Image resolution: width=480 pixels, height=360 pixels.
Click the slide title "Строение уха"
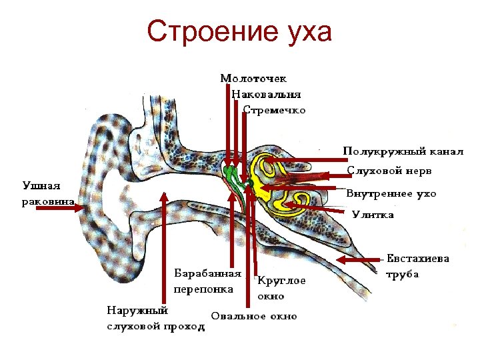click(239, 32)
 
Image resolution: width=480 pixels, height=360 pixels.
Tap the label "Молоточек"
click(254, 79)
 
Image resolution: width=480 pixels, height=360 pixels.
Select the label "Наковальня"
click(267, 94)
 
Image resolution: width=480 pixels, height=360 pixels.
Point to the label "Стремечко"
click(275, 109)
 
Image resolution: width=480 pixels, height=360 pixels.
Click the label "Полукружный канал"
click(403, 151)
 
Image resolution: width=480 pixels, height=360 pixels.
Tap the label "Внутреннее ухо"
click(391, 194)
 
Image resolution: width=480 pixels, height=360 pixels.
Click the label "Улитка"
click(373, 215)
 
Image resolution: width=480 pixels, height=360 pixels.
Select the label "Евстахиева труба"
click(419, 266)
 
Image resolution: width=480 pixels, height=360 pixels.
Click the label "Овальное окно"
click(254, 316)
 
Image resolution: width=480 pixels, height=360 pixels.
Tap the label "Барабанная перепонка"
click(207, 281)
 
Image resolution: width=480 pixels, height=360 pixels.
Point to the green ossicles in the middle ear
click(232, 176)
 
